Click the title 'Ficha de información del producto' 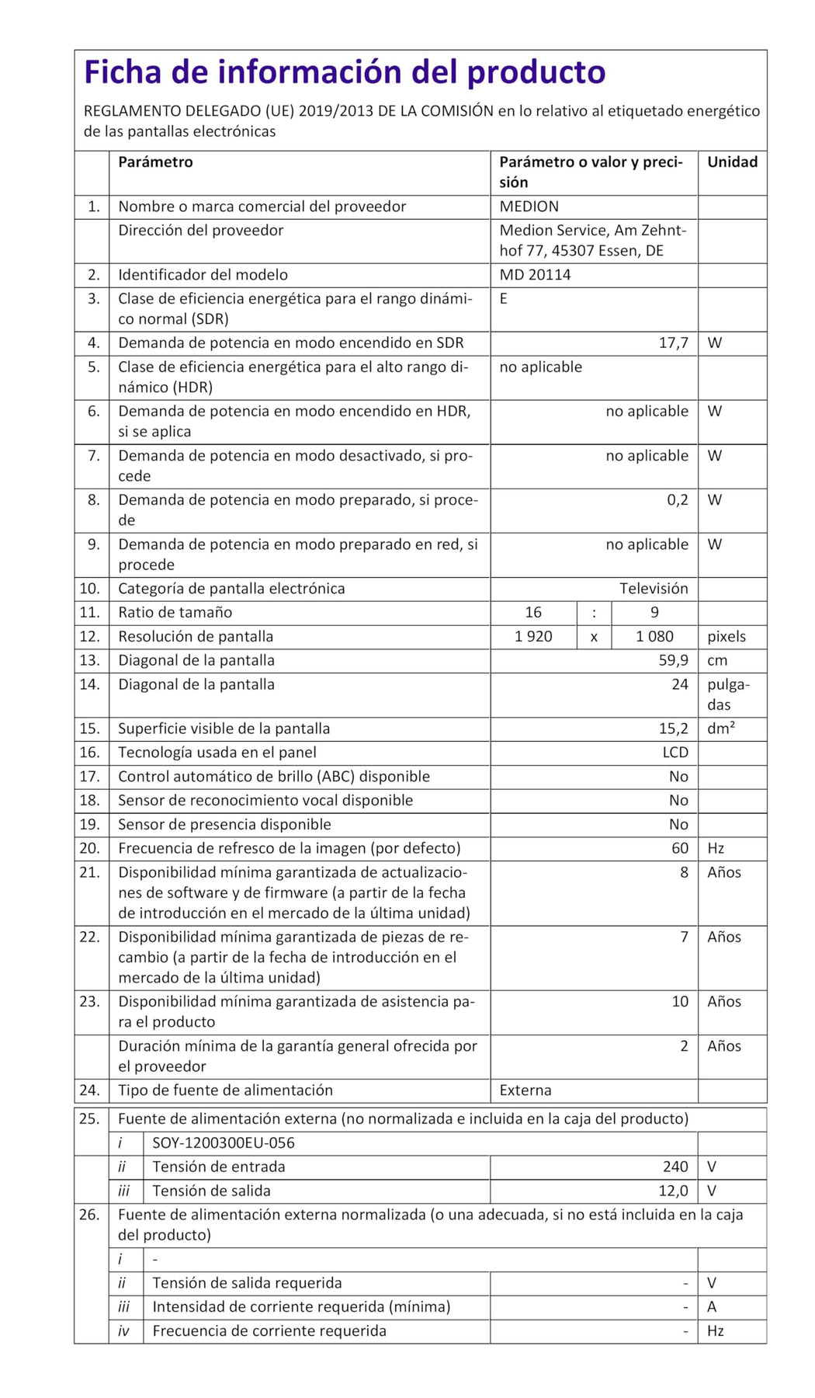(x=344, y=72)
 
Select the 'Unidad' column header (x=731, y=162)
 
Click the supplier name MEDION (x=529, y=207)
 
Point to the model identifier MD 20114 (x=534, y=275)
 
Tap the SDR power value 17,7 (x=673, y=343)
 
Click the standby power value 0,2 (x=677, y=500)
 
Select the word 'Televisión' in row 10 (x=653, y=589)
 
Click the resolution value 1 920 (x=533, y=637)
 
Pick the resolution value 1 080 (x=654, y=637)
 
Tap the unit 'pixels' (x=726, y=637)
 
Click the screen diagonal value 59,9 (x=673, y=661)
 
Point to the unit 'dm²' (x=721, y=729)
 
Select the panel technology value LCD (x=675, y=753)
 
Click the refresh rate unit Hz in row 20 (x=716, y=849)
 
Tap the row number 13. (x=90, y=661)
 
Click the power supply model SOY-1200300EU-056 (x=224, y=1143)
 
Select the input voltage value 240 (x=675, y=1167)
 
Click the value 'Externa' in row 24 (x=525, y=1090)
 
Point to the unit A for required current (x=712, y=1307)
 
